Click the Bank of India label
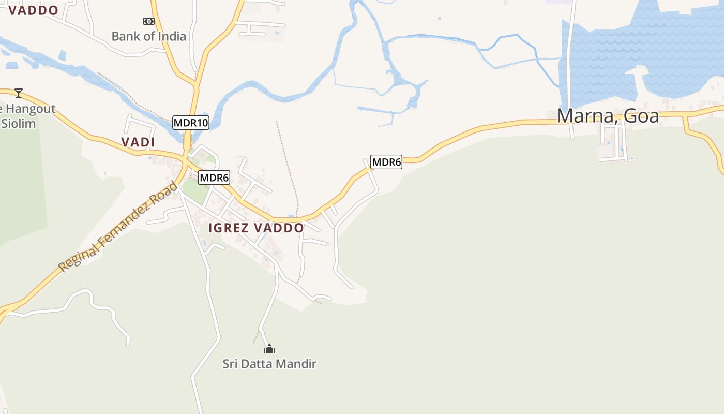coord(149,36)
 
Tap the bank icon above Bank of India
coord(149,21)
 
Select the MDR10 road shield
coord(190,123)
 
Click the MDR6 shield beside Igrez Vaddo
coord(214,178)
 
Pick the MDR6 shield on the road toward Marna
coord(386,162)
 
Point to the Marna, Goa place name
coord(608,115)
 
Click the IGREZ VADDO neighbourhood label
coord(256,228)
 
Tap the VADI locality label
coord(138,142)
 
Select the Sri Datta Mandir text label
coord(269,364)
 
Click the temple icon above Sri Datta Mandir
coord(269,349)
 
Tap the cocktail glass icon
coord(19,93)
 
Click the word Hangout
coord(31,109)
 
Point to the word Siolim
coord(19,124)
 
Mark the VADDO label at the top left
coord(33,10)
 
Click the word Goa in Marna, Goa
coord(641,115)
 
